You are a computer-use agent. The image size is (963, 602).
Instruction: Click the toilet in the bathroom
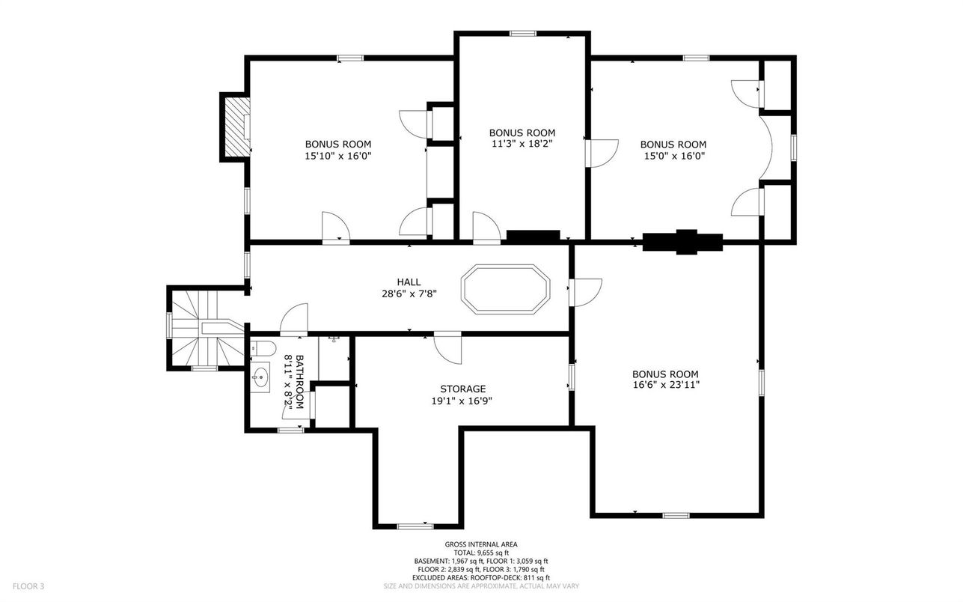click(263, 348)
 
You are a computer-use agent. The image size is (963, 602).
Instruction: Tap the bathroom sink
click(260, 378)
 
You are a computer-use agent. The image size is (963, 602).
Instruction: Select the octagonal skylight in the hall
click(506, 289)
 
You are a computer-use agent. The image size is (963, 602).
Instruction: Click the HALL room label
click(409, 282)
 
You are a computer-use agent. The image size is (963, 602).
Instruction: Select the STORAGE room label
click(462, 389)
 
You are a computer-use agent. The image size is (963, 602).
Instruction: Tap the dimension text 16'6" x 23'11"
click(666, 385)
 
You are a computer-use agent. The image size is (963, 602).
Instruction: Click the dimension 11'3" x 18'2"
click(522, 144)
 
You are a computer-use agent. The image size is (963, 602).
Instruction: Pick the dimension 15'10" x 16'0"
click(338, 156)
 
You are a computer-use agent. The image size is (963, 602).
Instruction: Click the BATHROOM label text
click(300, 382)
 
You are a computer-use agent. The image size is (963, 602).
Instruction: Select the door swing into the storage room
click(447, 347)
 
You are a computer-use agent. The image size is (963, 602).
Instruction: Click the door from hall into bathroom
click(294, 319)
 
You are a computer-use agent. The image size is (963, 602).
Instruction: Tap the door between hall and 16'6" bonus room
click(586, 292)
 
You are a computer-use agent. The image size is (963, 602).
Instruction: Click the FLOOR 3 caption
click(28, 586)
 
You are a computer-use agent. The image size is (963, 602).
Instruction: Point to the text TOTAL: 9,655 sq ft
click(481, 553)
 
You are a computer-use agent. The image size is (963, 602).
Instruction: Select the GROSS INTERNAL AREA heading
click(481, 544)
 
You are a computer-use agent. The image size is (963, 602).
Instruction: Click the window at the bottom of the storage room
click(415, 526)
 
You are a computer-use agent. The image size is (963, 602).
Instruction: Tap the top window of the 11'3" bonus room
click(523, 33)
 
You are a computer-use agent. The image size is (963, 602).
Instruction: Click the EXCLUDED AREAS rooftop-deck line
click(481, 578)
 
